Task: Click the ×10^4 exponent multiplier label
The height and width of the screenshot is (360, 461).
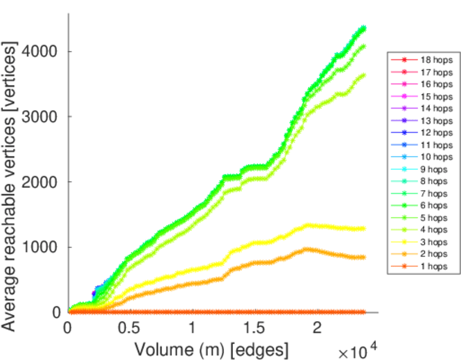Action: click(x=358, y=350)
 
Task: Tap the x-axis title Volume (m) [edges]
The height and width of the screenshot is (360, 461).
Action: click(x=211, y=349)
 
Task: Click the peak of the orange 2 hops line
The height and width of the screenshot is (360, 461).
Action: click(x=306, y=248)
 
